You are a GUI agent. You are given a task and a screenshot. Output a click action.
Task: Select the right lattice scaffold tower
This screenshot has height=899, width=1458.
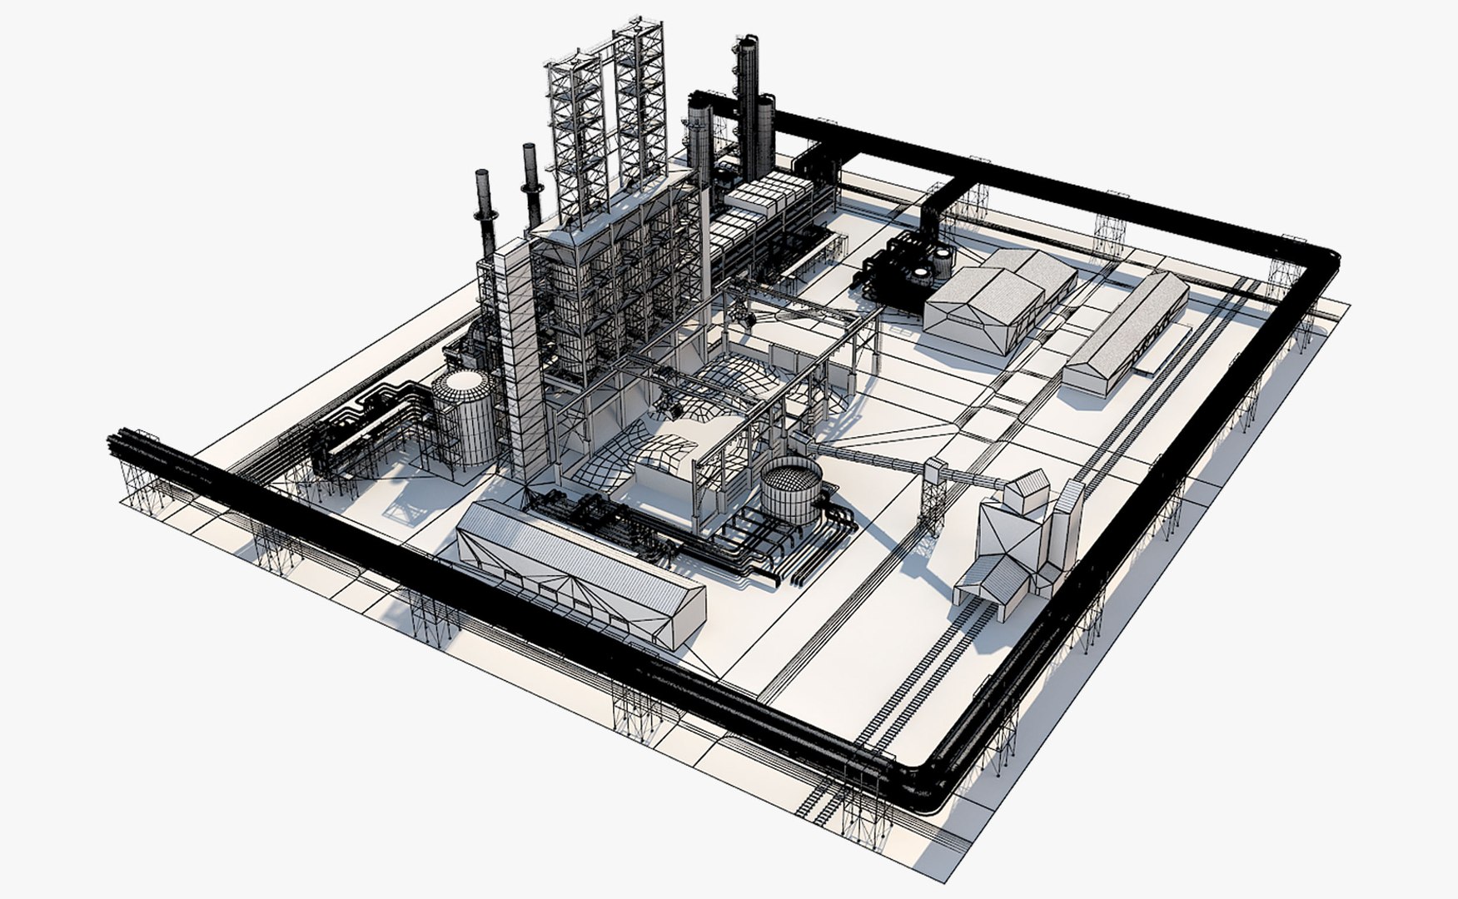(642, 100)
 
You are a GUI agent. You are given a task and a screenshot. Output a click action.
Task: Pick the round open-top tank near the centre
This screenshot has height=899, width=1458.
(791, 488)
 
